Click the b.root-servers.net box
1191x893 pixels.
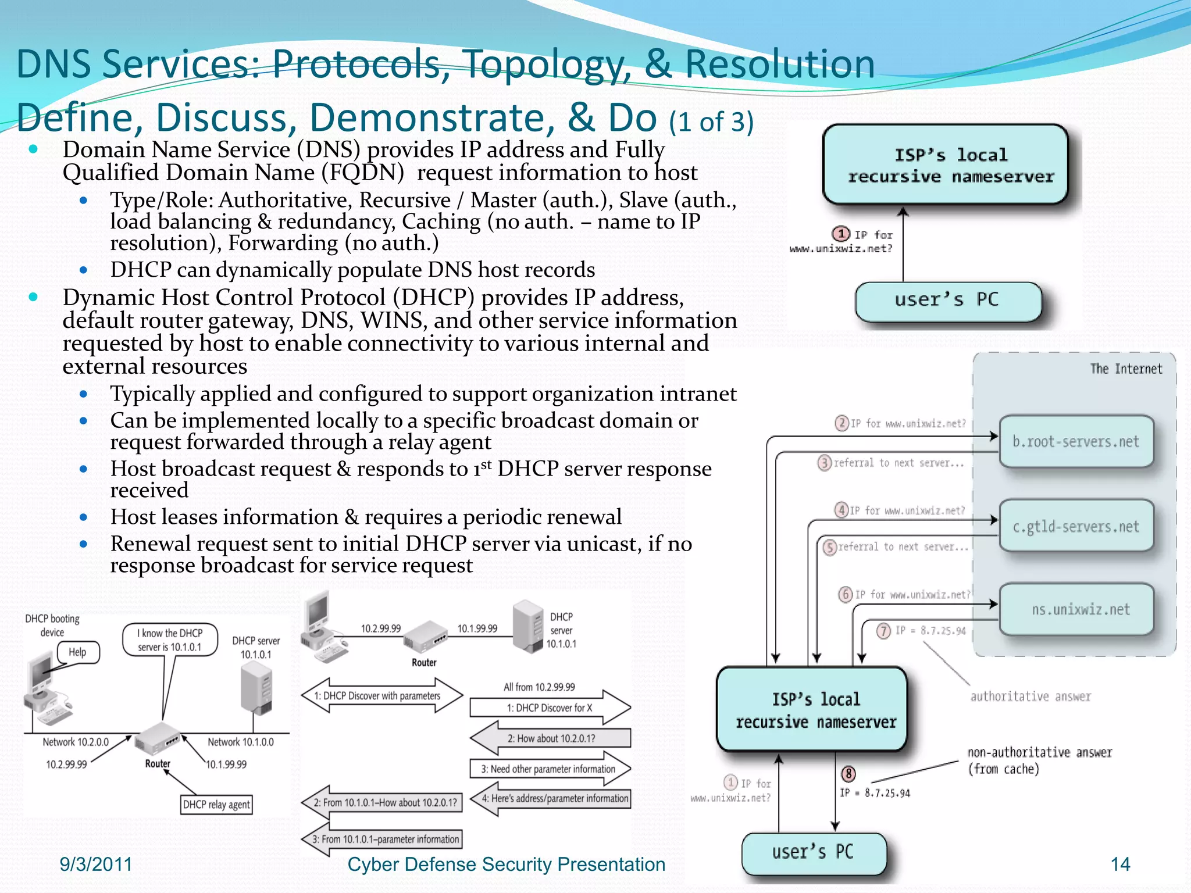[1076, 441]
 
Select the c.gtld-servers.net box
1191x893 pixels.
[1076, 526]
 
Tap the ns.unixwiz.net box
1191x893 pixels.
[1076, 609]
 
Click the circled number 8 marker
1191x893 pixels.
[848, 774]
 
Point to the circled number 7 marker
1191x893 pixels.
[883, 631]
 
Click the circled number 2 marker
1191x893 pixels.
[841, 423]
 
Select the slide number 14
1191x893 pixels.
[1120, 864]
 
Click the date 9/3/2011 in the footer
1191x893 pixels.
[96, 864]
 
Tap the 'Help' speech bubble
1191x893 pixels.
[78, 652]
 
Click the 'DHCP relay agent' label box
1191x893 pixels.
[216, 805]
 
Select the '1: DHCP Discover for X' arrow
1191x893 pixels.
[549, 708]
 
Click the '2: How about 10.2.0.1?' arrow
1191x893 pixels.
[550, 738]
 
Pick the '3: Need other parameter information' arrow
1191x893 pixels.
[549, 769]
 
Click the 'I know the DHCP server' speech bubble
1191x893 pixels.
[170, 640]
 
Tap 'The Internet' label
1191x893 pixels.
[1126, 369]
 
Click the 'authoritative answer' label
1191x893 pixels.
[1030, 696]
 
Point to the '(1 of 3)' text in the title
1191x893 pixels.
[711, 122]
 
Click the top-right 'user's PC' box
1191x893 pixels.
[947, 301]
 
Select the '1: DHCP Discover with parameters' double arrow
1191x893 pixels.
[382, 695]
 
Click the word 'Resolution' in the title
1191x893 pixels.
[779, 64]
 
